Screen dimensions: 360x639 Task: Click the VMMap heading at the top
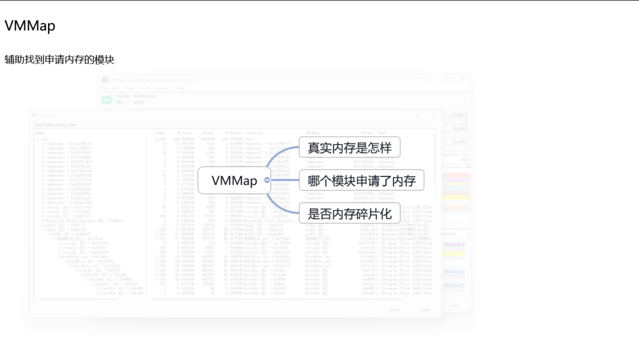click(30, 26)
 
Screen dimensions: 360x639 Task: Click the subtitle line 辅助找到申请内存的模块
click(59, 60)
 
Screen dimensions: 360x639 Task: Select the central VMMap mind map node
click(234, 181)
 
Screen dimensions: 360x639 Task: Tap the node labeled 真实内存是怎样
click(350, 147)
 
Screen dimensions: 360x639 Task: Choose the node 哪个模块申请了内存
click(362, 181)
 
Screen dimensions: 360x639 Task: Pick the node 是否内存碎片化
click(350, 213)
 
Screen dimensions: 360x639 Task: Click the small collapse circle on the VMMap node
click(267, 180)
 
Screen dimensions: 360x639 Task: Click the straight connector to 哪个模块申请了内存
click(285, 180)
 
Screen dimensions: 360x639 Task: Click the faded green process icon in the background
click(106, 99)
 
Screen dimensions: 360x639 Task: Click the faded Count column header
click(159, 133)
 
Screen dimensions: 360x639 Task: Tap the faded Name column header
click(40, 133)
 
